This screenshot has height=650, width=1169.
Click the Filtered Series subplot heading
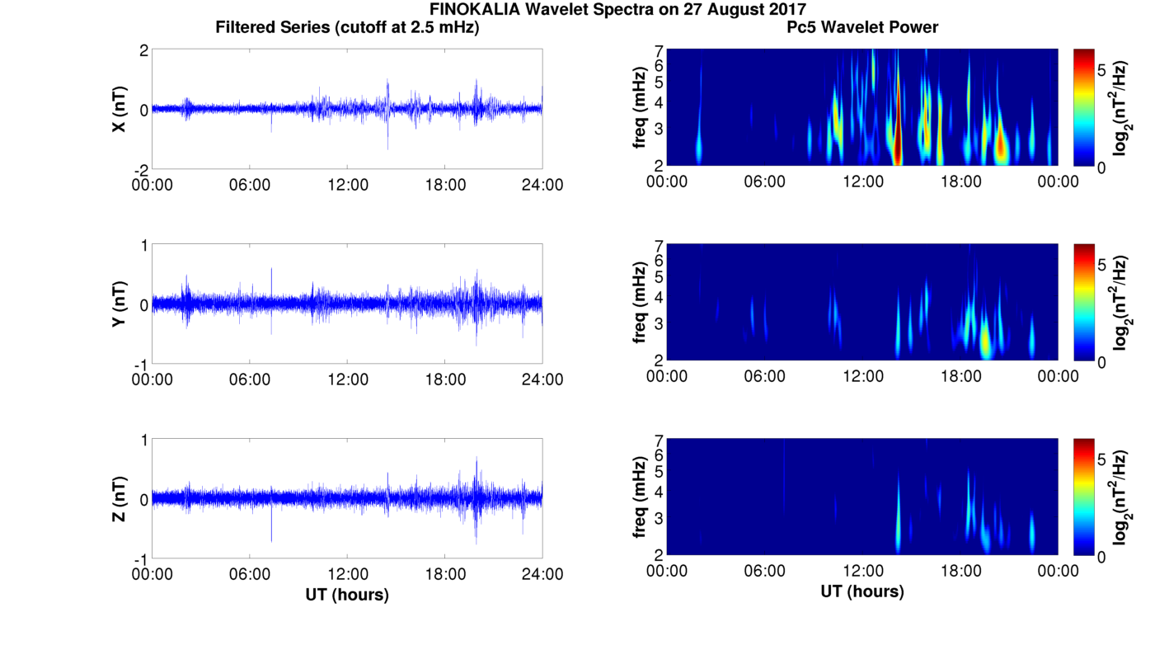[347, 27]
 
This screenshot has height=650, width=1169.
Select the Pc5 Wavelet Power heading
[862, 27]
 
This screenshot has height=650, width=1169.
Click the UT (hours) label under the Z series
[347, 594]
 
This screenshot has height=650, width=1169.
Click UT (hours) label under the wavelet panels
[862, 591]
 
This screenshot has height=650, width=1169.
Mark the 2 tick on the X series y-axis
[143, 50]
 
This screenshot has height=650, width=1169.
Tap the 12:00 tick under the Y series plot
[347, 379]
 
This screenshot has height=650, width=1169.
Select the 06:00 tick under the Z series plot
[250, 574]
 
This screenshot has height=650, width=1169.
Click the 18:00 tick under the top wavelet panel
[960, 181]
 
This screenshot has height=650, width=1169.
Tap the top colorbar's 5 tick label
[1102, 70]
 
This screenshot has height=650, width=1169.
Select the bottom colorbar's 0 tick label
[1102, 557]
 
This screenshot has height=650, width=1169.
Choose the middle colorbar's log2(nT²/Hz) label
[1120, 304]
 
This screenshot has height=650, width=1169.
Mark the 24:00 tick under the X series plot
[542, 185]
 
